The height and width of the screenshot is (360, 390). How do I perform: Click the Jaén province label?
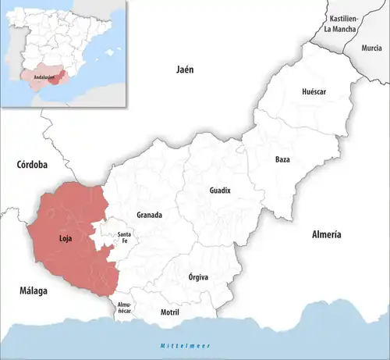pos(185,70)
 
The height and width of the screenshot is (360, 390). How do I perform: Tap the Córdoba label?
pos(32,165)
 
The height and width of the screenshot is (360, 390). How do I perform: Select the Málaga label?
pos(28,290)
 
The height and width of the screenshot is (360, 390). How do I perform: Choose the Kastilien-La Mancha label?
pos(344,23)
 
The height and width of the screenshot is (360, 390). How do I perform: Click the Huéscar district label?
pos(314,92)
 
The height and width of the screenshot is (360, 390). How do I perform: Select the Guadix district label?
pos(220,191)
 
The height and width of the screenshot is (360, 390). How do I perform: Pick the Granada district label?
pos(149,215)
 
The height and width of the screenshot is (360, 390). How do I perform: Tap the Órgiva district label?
pos(199,276)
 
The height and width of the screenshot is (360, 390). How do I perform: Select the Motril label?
pos(169,312)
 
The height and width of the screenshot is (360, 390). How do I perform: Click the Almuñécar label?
pos(125,307)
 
